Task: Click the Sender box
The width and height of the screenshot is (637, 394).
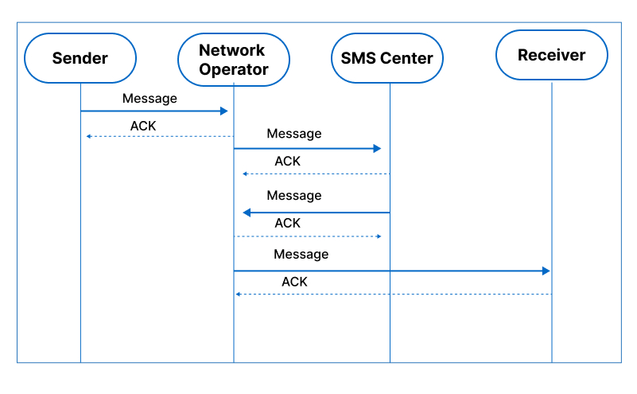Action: point(80,58)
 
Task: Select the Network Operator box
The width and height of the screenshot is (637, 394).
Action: point(233,59)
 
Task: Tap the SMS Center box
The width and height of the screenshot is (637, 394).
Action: point(387,58)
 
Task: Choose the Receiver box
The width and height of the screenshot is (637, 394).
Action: point(551,56)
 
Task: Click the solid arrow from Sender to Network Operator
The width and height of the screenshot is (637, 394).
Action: point(155,111)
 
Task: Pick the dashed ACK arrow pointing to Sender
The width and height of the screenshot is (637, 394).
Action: point(159,137)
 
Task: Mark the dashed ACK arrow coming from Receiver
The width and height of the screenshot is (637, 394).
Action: point(394,295)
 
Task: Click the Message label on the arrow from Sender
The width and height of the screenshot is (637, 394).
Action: point(150,99)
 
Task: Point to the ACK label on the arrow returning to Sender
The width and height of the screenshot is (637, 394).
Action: point(143,126)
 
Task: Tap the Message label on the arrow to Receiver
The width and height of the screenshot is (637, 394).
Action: point(301,255)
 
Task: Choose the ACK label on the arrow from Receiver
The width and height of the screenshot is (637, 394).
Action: point(294,282)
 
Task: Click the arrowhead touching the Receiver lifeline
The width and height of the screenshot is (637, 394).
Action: point(546,271)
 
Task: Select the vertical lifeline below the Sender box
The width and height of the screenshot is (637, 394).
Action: point(80,239)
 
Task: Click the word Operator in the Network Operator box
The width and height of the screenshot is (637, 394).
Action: point(233,69)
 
